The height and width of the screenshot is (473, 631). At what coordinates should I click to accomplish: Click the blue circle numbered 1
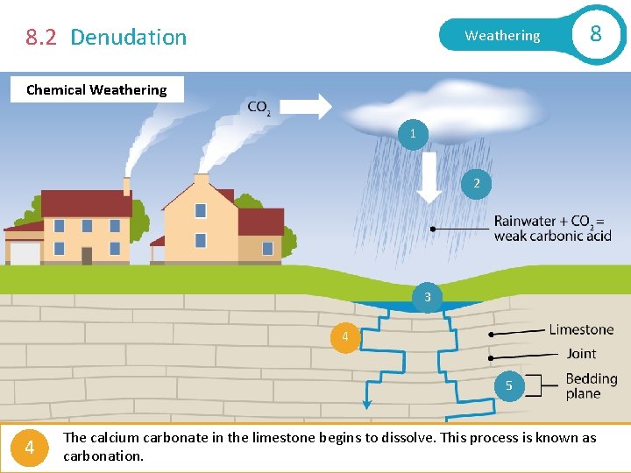pos(413,134)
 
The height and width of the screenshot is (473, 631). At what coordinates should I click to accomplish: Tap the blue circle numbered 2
pos(477,183)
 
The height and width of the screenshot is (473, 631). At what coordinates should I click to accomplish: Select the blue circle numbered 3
pos(428,297)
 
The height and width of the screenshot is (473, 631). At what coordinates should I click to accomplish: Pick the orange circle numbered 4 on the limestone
pos(345,337)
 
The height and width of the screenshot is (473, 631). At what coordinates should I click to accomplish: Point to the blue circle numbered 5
pos(508,385)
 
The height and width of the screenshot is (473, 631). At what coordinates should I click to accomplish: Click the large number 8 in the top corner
pos(596,34)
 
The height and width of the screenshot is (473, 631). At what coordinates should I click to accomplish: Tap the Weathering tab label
pos(502,36)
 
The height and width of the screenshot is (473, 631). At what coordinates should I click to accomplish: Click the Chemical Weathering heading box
pos(96,89)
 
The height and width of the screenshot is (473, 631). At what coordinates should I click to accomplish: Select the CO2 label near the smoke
pos(259,108)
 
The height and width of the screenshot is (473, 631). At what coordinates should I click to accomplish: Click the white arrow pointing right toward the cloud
pos(306,107)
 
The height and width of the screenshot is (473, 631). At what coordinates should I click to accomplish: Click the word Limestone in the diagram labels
pos(581,329)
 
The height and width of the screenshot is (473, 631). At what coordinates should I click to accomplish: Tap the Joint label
pos(581,353)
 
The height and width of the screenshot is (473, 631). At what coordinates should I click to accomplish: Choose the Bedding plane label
pos(591,385)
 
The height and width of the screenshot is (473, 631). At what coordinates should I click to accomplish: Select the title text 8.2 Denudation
pos(106,37)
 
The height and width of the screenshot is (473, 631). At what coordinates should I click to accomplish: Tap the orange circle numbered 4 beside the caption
pos(30,448)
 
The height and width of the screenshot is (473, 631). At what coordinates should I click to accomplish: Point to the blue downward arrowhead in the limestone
pos(367,405)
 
